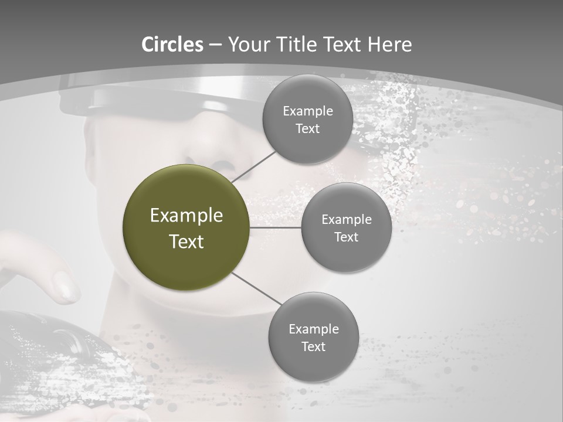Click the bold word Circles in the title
(x=172, y=45)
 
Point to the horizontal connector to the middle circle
(x=276, y=227)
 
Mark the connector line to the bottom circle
(x=256, y=288)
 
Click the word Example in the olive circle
(x=186, y=216)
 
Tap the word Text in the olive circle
(x=186, y=241)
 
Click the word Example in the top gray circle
(x=307, y=111)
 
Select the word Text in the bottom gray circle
(x=313, y=347)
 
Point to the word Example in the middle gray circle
(x=346, y=220)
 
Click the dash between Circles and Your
(x=215, y=45)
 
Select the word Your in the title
(x=244, y=45)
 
